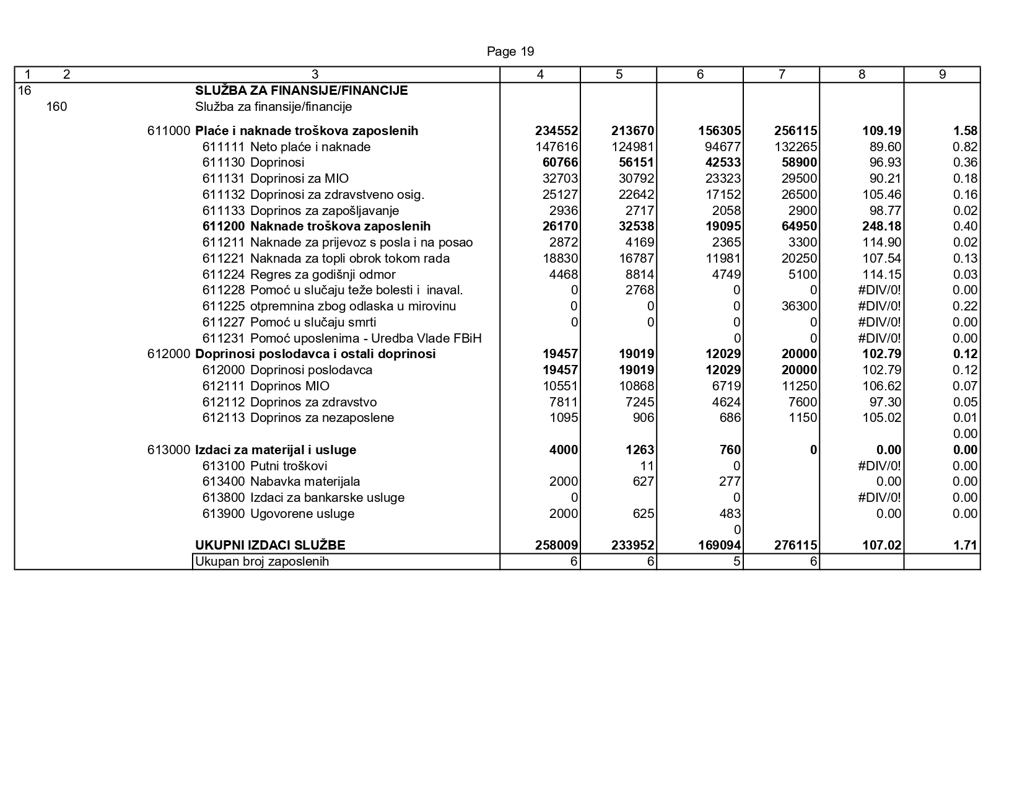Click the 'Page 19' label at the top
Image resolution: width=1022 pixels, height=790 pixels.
(x=510, y=51)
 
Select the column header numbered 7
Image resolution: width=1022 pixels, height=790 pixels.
(x=781, y=74)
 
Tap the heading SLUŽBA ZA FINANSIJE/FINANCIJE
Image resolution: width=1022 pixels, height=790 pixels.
(x=301, y=90)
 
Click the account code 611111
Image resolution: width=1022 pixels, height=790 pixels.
(x=224, y=147)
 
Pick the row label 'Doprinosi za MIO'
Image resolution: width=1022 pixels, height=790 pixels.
(x=299, y=179)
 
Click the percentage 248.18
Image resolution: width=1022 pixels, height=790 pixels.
(x=881, y=227)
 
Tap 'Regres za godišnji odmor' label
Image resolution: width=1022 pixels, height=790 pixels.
(x=322, y=274)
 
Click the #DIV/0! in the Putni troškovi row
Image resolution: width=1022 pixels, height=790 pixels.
(x=880, y=466)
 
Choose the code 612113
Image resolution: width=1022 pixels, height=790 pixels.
(x=224, y=418)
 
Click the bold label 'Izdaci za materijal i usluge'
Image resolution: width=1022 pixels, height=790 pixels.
(x=276, y=450)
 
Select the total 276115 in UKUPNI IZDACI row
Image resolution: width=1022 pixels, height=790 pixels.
(x=796, y=546)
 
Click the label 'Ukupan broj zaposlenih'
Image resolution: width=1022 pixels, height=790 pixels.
(x=262, y=562)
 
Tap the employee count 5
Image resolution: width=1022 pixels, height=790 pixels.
(x=737, y=562)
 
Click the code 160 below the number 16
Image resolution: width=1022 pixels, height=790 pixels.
(x=56, y=107)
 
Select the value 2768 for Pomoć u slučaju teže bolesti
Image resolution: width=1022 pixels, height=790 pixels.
(x=640, y=291)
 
